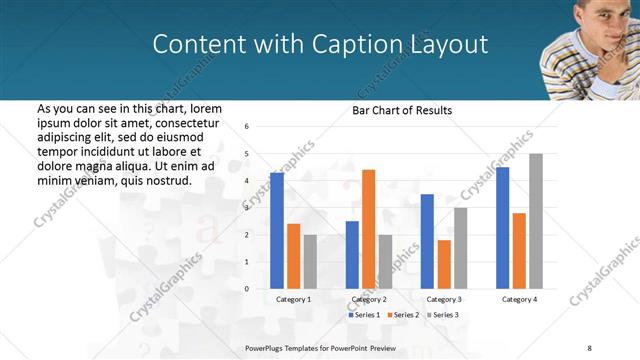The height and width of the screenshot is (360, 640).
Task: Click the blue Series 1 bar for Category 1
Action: point(277,230)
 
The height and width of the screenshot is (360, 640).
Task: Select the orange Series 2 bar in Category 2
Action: point(369,229)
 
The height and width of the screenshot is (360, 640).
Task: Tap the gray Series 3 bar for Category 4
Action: point(536,221)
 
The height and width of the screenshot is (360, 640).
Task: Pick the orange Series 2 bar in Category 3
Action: point(443,264)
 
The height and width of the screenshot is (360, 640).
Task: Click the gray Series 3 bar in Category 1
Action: point(310,261)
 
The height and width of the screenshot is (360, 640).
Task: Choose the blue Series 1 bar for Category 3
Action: point(427,241)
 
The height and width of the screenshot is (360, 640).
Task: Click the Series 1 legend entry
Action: point(364,315)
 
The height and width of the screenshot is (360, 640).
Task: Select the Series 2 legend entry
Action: point(403,315)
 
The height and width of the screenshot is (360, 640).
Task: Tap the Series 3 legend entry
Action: point(443,315)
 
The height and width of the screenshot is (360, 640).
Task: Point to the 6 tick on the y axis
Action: point(247,127)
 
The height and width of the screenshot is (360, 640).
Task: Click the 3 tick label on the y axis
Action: point(247,208)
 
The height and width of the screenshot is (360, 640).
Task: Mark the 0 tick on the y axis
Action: point(247,289)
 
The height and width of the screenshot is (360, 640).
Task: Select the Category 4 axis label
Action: point(519,299)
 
